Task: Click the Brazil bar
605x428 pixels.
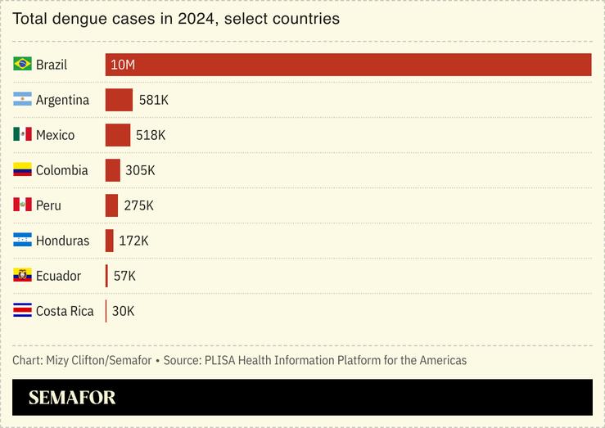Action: point(348,65)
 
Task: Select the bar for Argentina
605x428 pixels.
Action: point(119,100)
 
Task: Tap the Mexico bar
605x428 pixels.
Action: point(118,135)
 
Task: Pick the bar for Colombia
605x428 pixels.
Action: point(113,170)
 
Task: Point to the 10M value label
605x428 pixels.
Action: point(122,65)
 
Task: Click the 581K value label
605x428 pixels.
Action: point(154,100)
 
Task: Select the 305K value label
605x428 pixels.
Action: point(140,170)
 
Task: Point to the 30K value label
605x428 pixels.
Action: point(124,311)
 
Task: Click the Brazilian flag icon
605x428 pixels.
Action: point(22,64)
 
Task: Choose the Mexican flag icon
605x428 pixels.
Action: point(22,134)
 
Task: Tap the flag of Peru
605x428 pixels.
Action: point(22,205)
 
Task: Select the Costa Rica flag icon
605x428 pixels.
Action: point(22,310)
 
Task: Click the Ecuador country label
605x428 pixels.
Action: point(58,276)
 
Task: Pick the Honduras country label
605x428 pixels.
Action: point(62,241)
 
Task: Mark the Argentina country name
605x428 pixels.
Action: point(62,100)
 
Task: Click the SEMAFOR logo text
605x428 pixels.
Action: point(72,398)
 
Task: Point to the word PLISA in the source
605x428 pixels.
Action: point(222,360)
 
